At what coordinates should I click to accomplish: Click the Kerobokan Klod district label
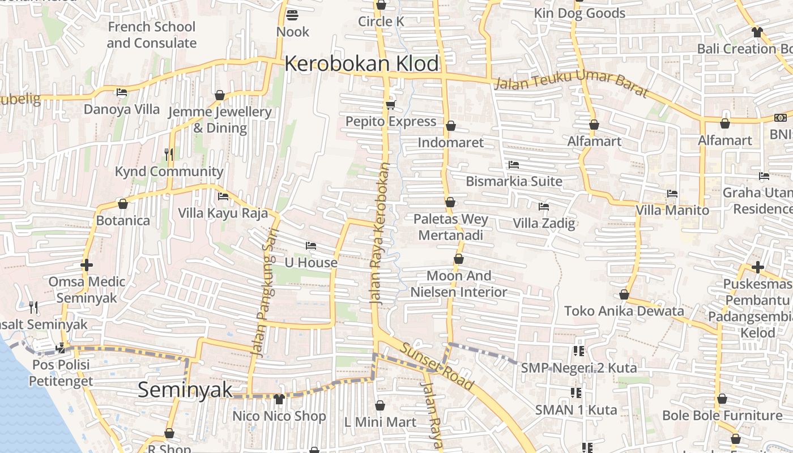[x=361, y=63]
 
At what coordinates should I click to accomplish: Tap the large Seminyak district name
[x=185, y=390]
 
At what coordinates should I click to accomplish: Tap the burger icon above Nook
[x=292, y=15]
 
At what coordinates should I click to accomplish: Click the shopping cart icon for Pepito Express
[x=390, y=105]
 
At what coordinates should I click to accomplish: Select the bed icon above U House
[x=310, y=246]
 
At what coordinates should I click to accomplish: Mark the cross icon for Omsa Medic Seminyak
[x=87, y=264]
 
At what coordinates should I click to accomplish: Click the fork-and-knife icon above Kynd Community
[x=168, y=153]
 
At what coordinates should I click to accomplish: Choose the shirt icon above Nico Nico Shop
[x=279, y=399]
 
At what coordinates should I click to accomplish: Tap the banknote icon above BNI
[x=781, y=118]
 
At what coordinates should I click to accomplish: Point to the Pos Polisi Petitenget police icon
[x=61, y=348]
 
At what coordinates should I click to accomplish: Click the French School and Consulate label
[x=151, y=35]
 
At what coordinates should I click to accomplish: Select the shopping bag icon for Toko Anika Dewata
[x=624, y=294]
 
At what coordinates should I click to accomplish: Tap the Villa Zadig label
[x=544, y=223]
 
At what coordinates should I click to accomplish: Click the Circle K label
[x=381, y=22]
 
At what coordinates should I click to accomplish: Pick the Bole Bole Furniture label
[x=722, y=416]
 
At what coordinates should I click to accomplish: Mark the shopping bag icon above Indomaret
[x=451, y=125]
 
